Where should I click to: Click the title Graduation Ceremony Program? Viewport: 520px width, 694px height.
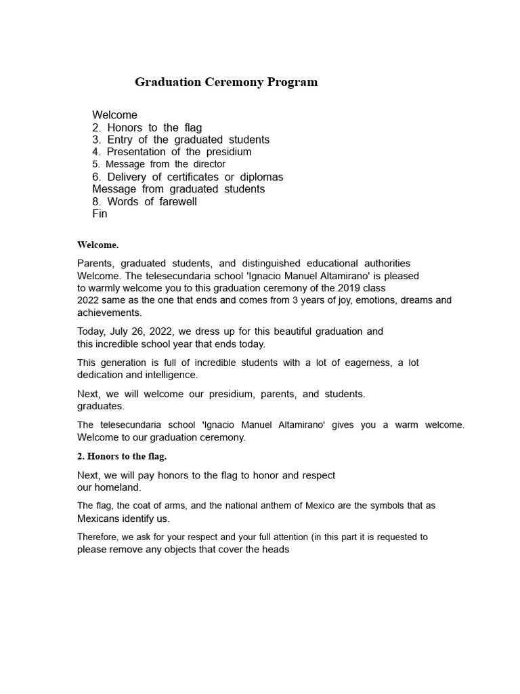pos(226,83)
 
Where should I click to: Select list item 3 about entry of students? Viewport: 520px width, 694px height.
pos(181,140)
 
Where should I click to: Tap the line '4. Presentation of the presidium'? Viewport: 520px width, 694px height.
pos(172,152)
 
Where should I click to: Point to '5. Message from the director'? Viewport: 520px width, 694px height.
pos(158,164)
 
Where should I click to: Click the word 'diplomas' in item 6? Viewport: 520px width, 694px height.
pos(260,177)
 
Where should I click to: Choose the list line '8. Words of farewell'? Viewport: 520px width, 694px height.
pos(145,201)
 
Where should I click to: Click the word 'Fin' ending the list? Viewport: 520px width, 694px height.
pos(100,213)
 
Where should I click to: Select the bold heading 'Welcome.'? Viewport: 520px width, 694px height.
pos(98,245)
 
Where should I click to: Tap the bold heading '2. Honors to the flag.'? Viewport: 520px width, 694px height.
pos(122,456)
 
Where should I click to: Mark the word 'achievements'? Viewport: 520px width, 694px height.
pos(108,312)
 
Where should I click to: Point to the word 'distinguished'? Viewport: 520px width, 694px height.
pos(267,263)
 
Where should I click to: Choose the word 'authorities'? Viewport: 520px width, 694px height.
pos(387,263)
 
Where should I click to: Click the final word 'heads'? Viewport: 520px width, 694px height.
pos(276,549)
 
